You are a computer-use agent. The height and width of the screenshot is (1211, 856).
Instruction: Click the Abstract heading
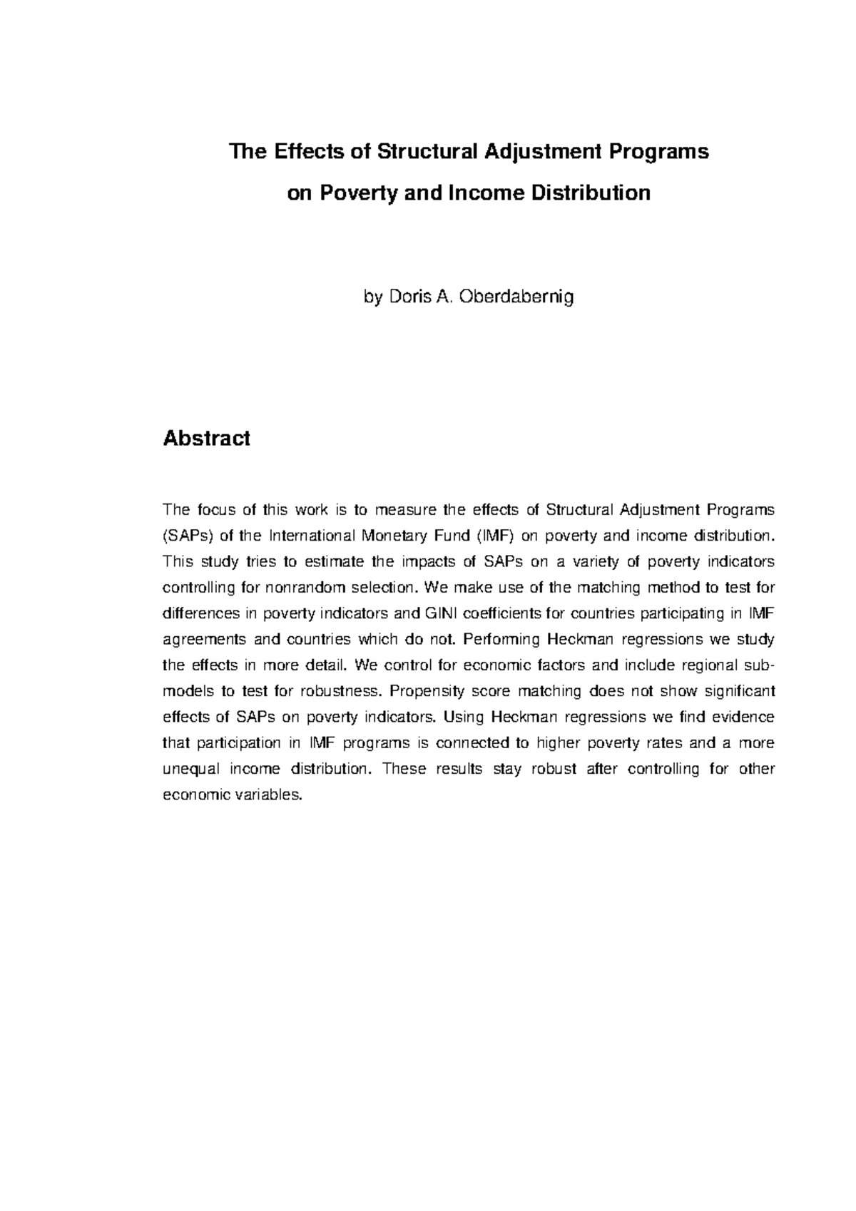pyautogui.click(x=206, y=438)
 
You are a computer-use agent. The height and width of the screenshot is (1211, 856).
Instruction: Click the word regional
pyautogui.click(x=713, y=665)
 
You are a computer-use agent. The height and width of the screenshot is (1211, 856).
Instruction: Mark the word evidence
pyautogui.click(x=745, y=717)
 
